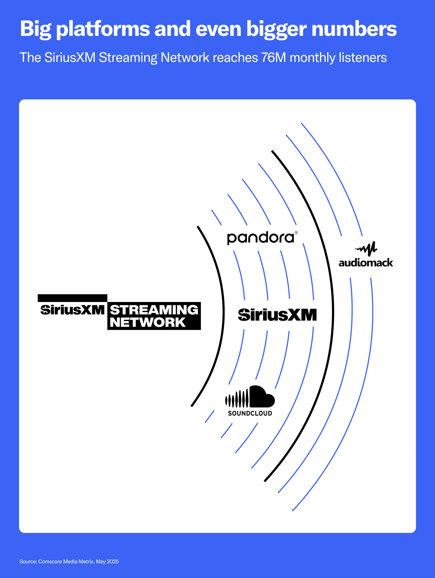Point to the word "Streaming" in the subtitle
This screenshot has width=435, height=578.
(128, 58)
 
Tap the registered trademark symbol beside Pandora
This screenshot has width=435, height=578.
(296, 233)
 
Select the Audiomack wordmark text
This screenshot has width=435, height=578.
(366, 263)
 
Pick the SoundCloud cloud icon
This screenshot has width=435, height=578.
(250, 397)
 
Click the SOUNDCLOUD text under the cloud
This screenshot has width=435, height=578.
(250, 413)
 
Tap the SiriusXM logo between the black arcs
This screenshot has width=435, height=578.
(277, 315)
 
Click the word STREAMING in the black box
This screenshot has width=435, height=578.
(154, 310)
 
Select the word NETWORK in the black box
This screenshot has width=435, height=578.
(147, 322)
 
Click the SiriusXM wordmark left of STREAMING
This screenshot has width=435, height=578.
(72, 310)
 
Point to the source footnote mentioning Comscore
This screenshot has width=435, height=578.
(69, 561)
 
